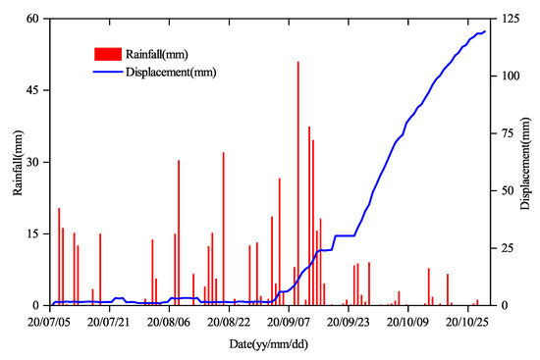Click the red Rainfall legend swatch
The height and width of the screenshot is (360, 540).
(105, 53)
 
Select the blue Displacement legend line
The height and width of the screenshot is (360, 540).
(105, 72)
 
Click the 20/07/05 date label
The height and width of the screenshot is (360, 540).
(51, 321)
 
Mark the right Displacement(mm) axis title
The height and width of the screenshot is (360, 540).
(531, 162)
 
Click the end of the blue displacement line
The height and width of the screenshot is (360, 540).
(485, 32)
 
